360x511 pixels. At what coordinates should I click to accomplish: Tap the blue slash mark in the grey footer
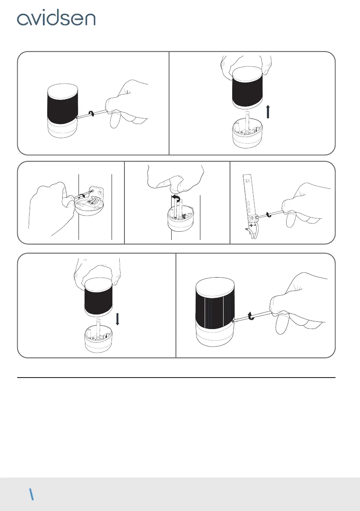pos(32,494)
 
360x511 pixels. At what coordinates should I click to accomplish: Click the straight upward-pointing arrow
pos(268,112)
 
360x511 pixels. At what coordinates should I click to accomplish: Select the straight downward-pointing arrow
pos(118,319)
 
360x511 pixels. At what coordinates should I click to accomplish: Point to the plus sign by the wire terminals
pos(251,225)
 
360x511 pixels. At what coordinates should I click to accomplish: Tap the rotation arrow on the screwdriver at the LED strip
pos(269,215)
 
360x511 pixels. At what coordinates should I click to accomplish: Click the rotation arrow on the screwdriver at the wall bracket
pos(82,196)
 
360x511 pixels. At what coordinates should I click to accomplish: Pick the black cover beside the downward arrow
pos(99,297)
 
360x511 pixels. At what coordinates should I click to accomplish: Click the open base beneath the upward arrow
pos(247,135)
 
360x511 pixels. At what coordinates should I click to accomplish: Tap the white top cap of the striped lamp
pos(215,288)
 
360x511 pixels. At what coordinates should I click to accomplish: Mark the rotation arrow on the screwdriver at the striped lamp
pos(251,315)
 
